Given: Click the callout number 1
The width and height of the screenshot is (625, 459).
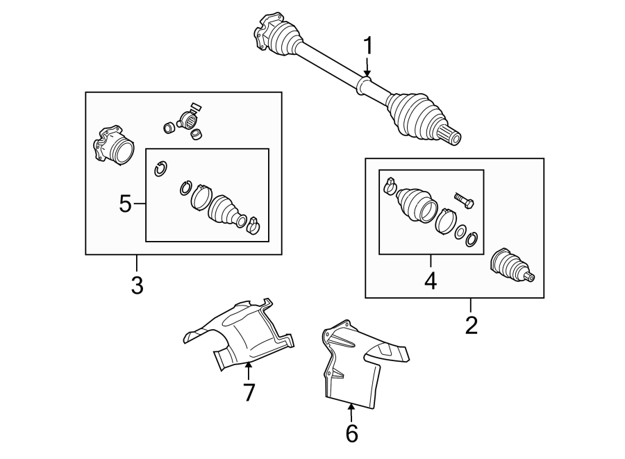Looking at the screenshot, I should coord(368,47).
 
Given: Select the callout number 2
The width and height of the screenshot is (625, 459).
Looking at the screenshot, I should coord(472,324).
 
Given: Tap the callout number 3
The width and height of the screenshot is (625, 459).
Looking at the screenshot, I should coord(137,284).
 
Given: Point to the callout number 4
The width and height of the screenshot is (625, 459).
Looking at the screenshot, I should coord(431,281).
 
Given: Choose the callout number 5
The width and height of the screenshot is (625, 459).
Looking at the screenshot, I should coord(125,203).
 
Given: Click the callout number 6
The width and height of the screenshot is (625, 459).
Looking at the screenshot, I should coord(351,433).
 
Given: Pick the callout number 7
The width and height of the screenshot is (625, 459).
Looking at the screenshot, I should coord(249,392).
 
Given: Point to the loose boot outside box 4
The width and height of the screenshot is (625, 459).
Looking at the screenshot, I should coord(511,268).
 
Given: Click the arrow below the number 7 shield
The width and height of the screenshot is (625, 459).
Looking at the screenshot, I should coord(248,368).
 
